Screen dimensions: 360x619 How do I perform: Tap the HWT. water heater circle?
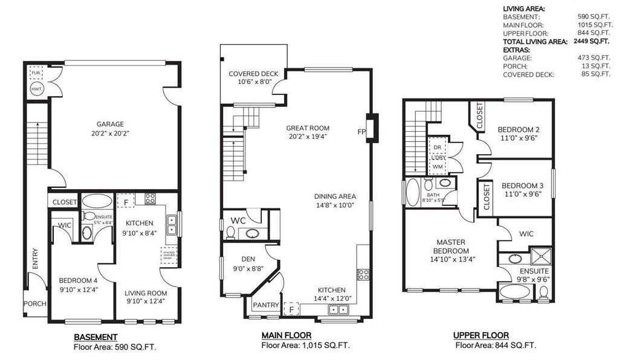pyautogui.click(x=36, y=89)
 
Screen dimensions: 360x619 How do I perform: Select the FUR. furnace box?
pyautogui.click(x=36, y=73)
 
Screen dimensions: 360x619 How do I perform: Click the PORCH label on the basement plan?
pyautogui.click(x=35, y=304)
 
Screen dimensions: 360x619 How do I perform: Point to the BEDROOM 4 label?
pyautogui.click(x=79, y=280)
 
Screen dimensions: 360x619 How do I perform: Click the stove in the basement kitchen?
pyautogui.click(x=150, y=198)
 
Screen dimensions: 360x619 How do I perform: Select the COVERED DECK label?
pyautogui.click(x=252, y=74)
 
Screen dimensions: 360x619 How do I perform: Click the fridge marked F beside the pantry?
pyautogui.click(x=292, y=309)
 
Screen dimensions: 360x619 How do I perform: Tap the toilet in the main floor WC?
pyautogui.click(x=230, y=233)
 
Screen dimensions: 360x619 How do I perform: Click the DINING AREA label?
pyautogui.click(x=335, y=196)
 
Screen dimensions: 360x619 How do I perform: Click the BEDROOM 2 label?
pyautogui.click(x=518, y=129)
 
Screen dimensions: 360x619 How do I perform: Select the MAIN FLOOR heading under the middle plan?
pyautogui.click(x=286, y=335)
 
